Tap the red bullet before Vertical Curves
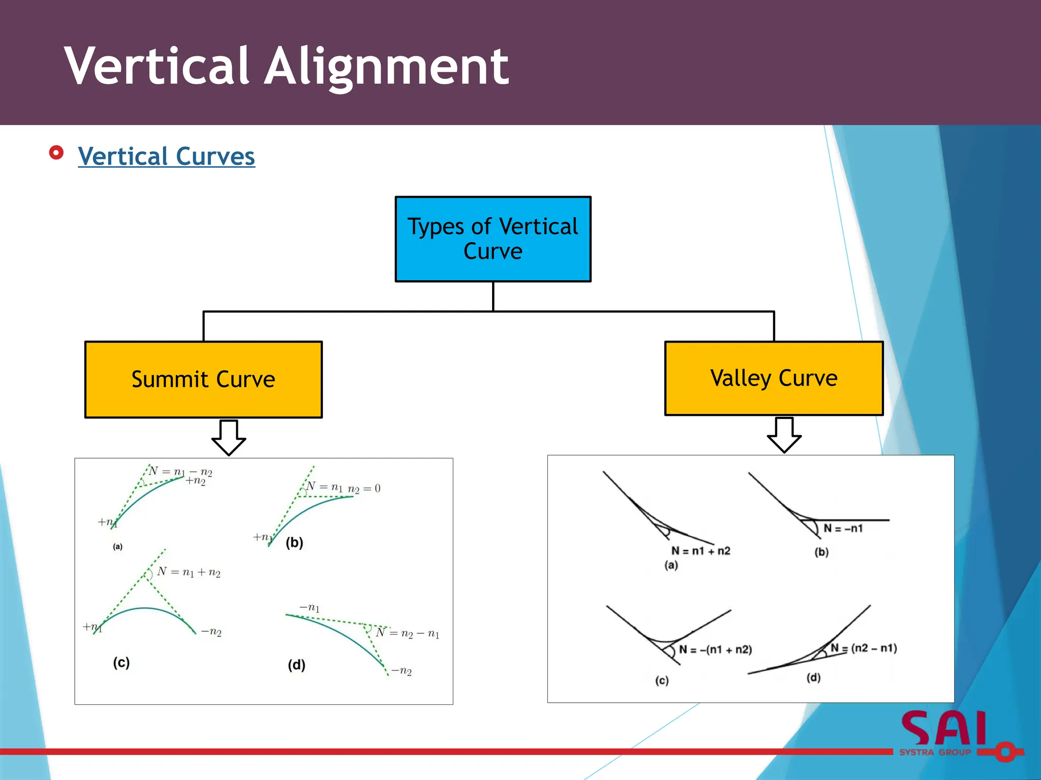click(56, 153)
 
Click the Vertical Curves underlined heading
click(166, 156)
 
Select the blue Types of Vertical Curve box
click(493, 239)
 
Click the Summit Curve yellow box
click(203, 379)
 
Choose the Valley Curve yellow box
click(774, 378)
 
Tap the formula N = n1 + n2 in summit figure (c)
click(189, 572)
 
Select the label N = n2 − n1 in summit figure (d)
click(408, 633)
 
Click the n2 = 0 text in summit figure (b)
click(364, 489)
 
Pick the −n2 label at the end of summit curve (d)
click(402, 671)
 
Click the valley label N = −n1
click(843, 529)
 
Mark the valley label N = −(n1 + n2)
click(715, 650)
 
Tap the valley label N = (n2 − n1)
click(864, 648)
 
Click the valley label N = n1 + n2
click(700, 551)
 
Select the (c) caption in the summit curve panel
click(121, 663)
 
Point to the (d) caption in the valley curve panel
click(813, 678)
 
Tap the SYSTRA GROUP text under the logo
click(935, 753)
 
